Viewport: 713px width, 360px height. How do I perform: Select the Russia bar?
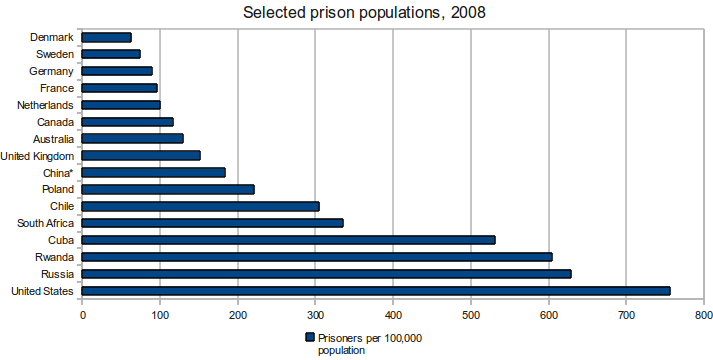(326, 274)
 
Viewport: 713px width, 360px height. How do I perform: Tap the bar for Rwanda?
(317, 257)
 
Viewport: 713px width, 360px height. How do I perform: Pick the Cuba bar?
(288, 240)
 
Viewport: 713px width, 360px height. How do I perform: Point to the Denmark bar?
(106, 37)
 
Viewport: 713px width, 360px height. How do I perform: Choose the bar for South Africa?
(212, 223)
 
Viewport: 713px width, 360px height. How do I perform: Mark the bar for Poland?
(168, 190)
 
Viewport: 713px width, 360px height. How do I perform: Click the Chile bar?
(201, 206)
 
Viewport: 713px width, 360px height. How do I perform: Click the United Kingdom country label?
(37, 156)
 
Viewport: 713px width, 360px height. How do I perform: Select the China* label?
(58, 173)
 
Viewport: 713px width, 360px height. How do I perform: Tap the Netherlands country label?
(45, 105)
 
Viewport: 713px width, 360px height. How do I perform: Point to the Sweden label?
(55, 55)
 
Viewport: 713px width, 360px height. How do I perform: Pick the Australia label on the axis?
(53, 139)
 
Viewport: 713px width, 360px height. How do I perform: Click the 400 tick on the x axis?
(393, 315)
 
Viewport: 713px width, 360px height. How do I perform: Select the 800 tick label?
(704, 315)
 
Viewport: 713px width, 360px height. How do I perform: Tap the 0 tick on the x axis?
(82, 315)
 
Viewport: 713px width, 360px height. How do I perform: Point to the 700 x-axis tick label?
(626, 315)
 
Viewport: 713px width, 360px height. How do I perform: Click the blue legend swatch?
(310, 337)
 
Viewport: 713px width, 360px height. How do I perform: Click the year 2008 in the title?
(468, 12)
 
